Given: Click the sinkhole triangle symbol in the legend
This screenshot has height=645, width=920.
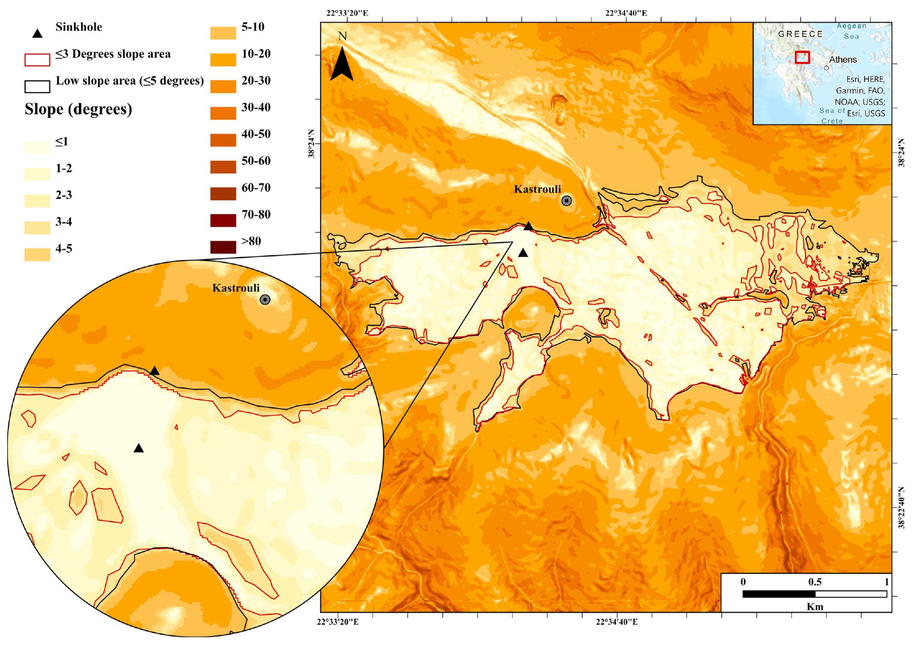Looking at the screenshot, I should click(x=37, y=34).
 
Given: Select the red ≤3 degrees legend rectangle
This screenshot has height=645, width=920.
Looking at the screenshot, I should click(x=37, y=60).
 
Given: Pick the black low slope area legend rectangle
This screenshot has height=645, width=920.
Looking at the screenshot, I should click(x=37, y=87).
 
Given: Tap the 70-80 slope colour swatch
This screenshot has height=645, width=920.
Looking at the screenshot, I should click(x=223, y=220).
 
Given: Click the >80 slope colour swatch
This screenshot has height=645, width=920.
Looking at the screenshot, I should click(x=223, y=247).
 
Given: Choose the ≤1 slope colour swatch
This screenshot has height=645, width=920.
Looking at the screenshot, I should click(x=37, y=147).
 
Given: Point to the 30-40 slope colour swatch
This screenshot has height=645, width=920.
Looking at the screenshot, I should click(x=223, y=113).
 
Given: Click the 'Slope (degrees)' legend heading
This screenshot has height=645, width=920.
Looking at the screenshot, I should click(x=78, y=110).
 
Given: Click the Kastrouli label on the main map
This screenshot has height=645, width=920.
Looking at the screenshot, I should click(x=537, y=190).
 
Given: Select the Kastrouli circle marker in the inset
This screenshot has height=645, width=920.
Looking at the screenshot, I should click(x=265, y=300).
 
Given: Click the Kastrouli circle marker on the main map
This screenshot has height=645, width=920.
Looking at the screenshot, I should click(x=566, y=201).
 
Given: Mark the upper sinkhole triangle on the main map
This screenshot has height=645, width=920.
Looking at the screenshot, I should click(x=528, y=227).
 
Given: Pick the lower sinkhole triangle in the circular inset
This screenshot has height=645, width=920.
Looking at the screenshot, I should click(x=138, y=448).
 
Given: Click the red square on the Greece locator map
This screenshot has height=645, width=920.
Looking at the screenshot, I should click(x=802, y=57).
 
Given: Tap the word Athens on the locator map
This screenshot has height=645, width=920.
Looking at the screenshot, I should click(x=842, y=60).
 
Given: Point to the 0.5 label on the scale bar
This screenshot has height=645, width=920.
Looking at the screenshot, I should click(x=815, y=582).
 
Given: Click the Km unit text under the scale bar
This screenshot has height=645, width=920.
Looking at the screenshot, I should click(x=815, y=606).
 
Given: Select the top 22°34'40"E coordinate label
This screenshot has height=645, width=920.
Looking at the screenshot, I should click(x=626, y=13).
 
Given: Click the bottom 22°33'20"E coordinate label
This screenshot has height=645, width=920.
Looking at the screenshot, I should click(x=338, y=622).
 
